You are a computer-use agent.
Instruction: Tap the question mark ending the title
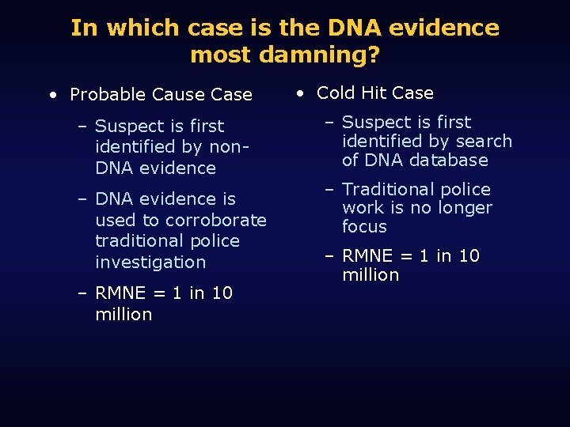[x=374, y=55]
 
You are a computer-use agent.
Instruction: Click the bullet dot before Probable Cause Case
[x=52, y=95]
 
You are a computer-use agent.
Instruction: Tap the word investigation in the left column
[x=150, y=262]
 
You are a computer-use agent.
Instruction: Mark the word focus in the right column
[x=364, y=227]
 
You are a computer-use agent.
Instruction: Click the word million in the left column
[x=123, y=314]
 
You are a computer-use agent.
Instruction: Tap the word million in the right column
[x=370, y=275]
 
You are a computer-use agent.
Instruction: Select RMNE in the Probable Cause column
[x=120, y=293]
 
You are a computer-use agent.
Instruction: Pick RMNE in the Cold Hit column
[x=367, y=256]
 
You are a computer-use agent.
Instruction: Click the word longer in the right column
[x=466, y=208]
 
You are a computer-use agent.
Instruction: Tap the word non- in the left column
[x=230, y=146]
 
